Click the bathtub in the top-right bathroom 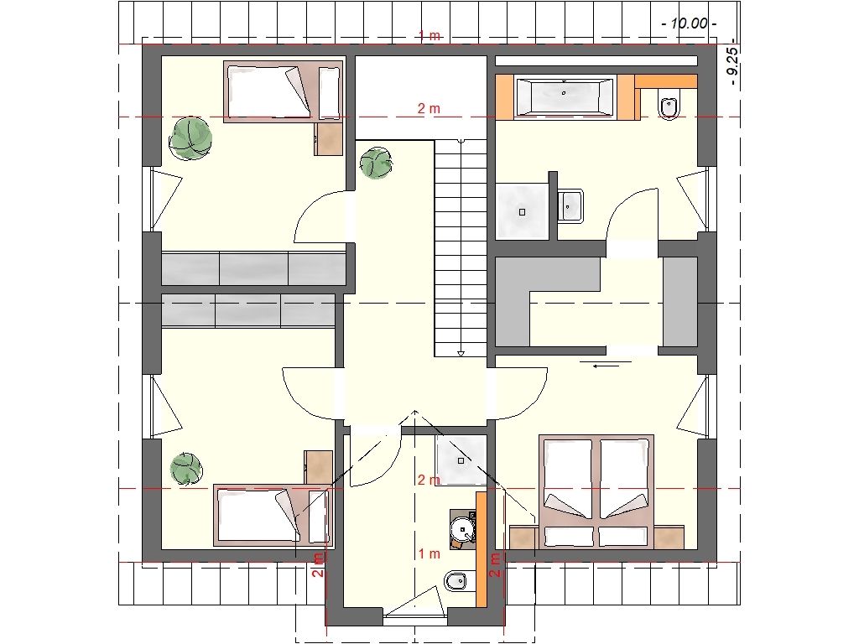(565, 97)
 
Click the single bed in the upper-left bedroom (283, 91)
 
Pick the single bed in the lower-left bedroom (273, 516)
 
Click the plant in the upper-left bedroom (190, 138)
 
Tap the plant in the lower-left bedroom (186, 470)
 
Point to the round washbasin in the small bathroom (462, 530)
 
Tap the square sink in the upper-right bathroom (570, 205)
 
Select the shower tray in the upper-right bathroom (522, 210)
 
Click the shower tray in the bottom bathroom (461, 460)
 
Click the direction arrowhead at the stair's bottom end (461, 353)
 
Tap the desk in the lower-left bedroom (318, 467)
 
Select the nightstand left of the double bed (523, 538)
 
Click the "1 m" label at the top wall (429, 35)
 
